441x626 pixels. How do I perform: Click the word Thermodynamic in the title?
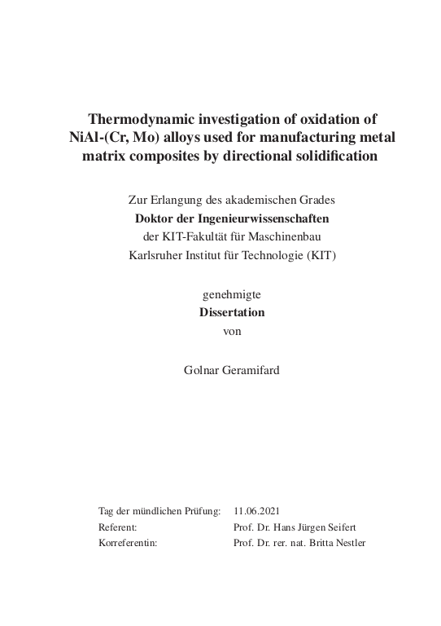(x=144, y=117)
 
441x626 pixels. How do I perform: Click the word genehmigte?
(x=232, y=293)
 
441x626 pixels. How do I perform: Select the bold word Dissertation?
(x=232, y=312)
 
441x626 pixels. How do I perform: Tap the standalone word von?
(x=232, y=330)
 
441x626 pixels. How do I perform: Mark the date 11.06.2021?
(x=255, y=511)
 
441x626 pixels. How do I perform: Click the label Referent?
(x=117, y=527)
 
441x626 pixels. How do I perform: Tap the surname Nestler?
(x=346, y=542)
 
